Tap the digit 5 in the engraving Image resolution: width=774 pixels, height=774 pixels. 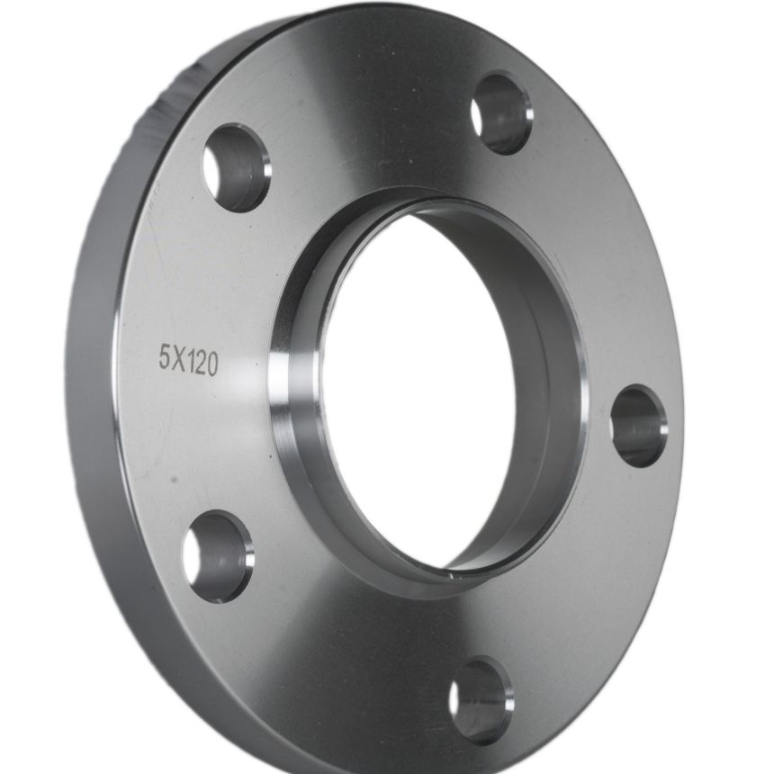165,356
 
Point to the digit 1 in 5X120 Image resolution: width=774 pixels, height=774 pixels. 191,361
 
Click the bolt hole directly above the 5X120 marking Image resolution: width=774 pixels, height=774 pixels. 237,168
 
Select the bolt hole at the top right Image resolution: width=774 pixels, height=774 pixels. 502,114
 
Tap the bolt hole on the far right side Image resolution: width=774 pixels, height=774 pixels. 639,426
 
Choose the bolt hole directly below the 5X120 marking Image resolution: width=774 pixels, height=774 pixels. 219,557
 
